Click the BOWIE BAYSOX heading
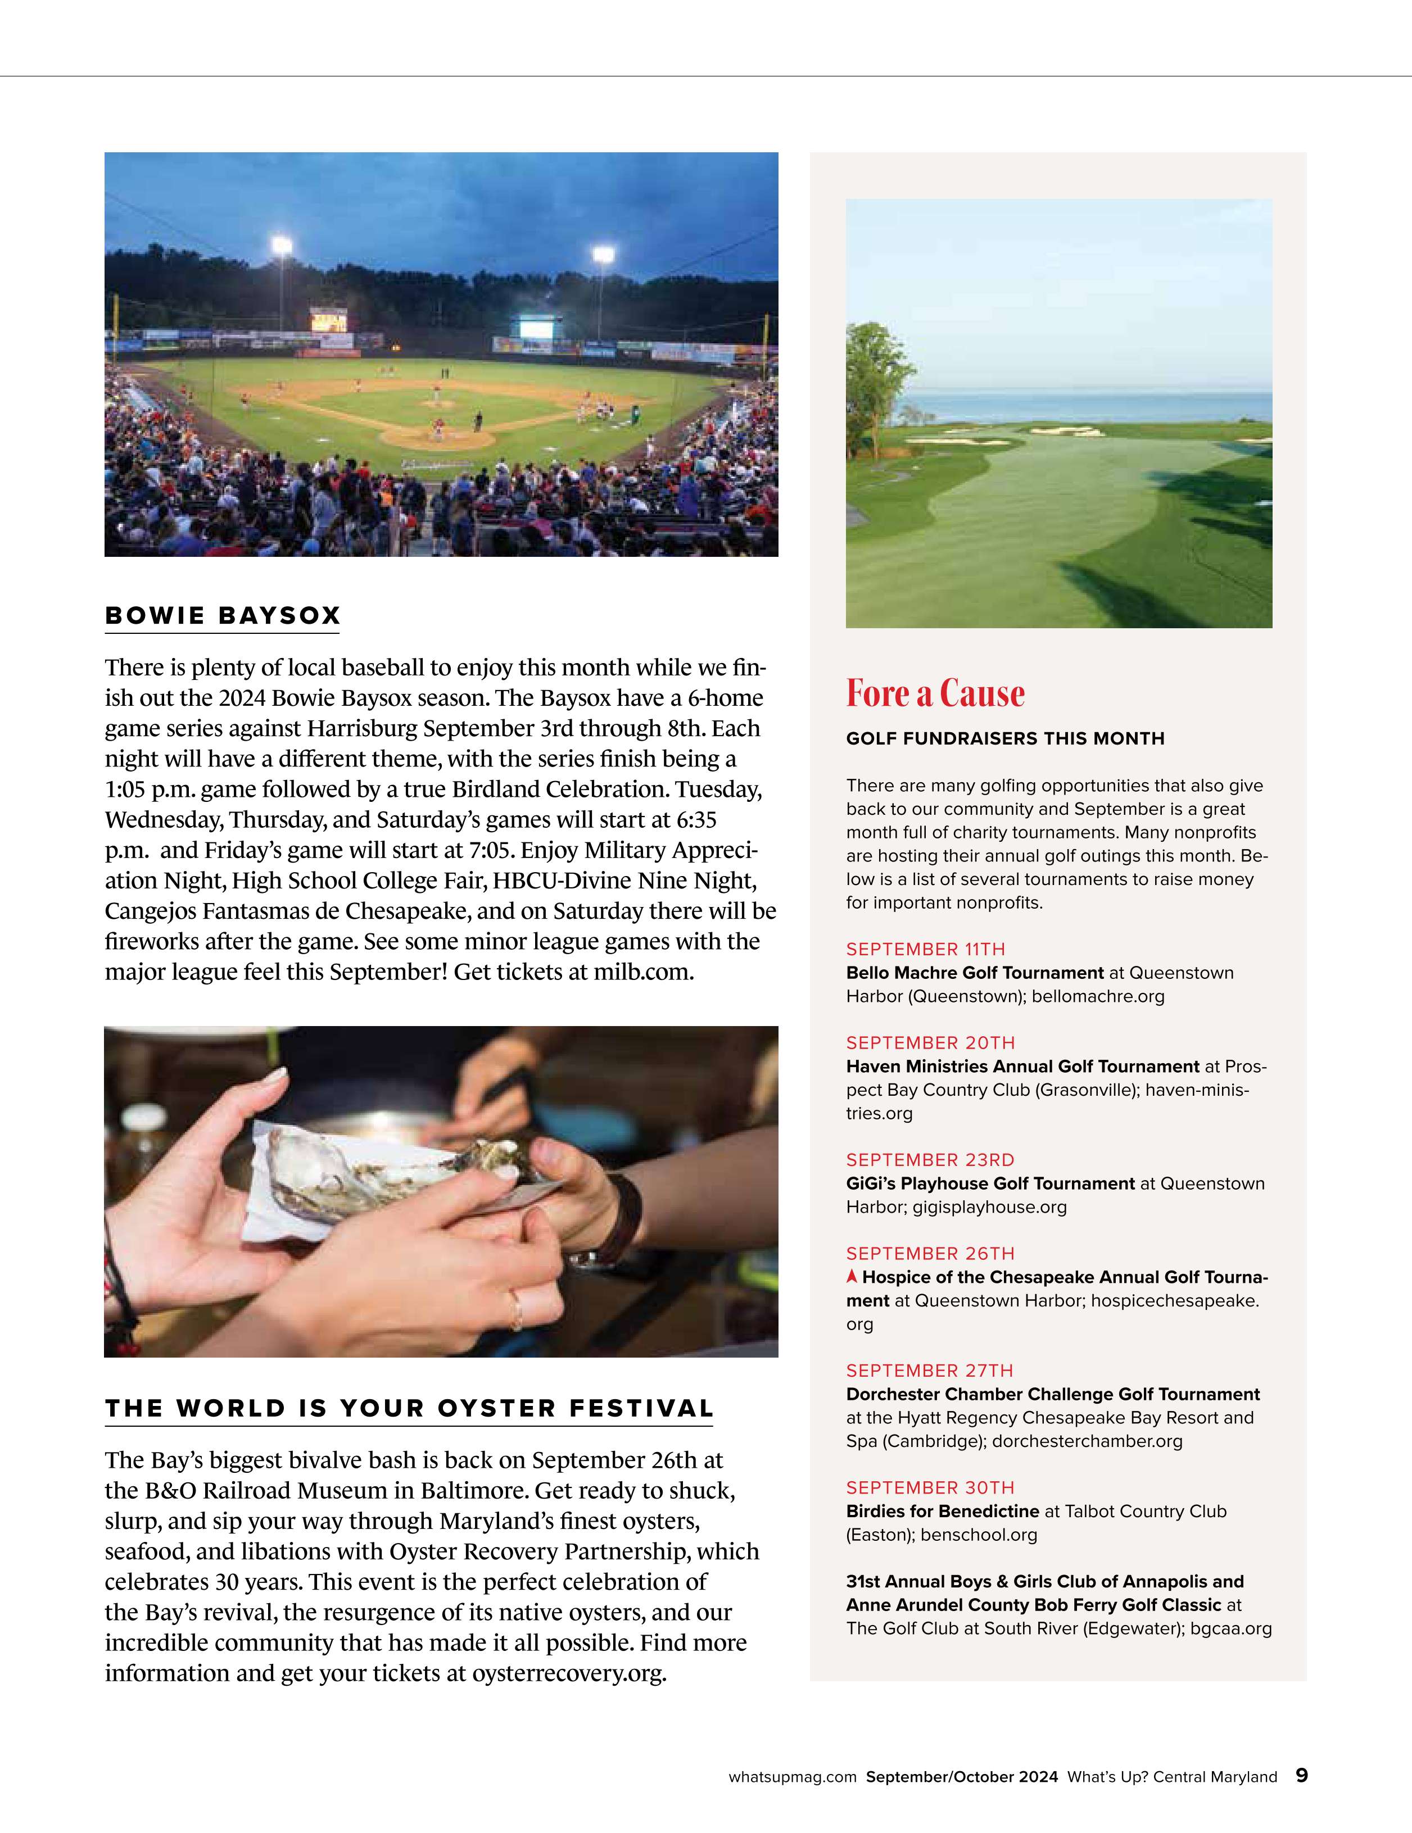223,615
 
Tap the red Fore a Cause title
935,693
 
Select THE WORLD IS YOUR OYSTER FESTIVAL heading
409,1408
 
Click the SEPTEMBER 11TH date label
925,949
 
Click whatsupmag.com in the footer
793,1777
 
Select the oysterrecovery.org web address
568,1673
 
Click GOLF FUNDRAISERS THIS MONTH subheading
1005,738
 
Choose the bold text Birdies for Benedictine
942,1510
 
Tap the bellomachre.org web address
1098,996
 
